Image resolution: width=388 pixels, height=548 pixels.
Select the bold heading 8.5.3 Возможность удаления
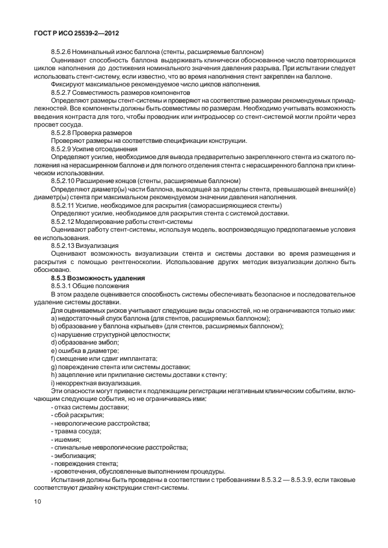99,279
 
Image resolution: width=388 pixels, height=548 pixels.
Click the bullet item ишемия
67,439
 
